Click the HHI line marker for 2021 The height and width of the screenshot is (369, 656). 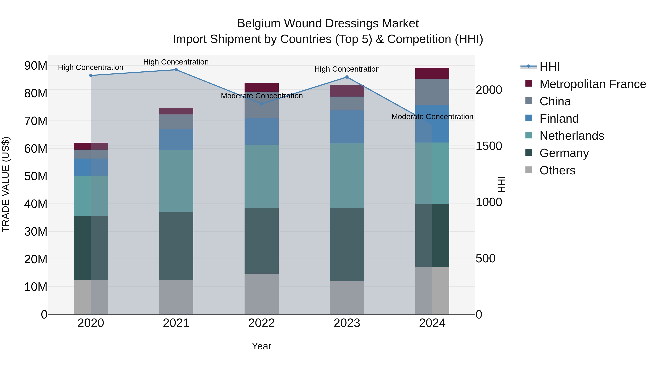176,70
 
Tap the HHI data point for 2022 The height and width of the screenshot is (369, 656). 261,104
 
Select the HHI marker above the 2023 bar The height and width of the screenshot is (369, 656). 347,77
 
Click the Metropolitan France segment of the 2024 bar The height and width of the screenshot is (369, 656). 432,73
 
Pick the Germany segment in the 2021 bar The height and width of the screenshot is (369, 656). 176,246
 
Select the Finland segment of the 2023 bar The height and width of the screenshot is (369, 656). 347,127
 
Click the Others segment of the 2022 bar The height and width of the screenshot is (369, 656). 261,294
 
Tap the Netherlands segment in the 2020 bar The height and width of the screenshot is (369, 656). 91,196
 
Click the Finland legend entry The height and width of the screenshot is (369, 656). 559,119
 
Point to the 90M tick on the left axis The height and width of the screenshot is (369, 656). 36,66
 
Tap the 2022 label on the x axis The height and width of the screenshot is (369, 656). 261,323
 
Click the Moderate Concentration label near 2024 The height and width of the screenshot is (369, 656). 432,117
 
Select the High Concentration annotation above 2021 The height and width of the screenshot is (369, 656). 176,62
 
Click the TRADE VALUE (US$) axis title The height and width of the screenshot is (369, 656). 6,184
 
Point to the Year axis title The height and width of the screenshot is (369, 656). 261,346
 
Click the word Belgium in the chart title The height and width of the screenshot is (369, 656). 257,24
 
